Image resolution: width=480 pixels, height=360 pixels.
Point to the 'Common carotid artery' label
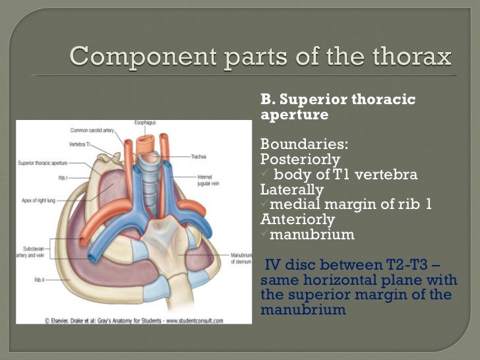91,131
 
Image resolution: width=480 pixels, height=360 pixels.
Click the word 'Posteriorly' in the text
300,160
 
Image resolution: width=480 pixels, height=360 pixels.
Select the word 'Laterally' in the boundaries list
292,189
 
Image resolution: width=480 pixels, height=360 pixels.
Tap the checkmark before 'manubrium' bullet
264,234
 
